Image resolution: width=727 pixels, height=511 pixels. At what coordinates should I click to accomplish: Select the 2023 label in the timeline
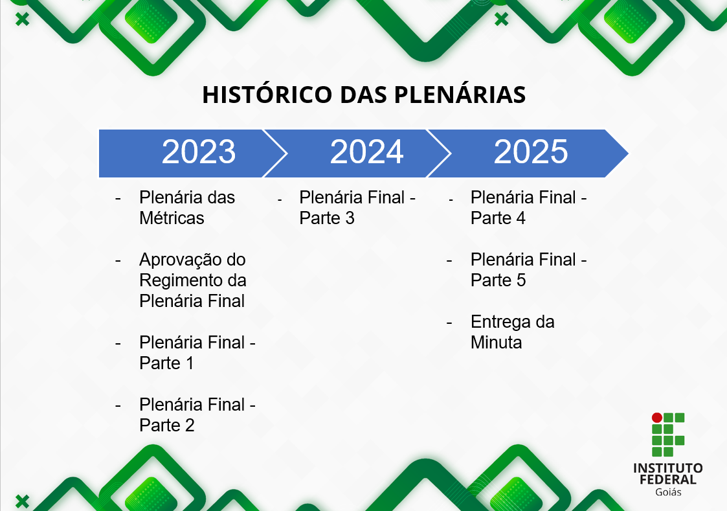pos(199,152)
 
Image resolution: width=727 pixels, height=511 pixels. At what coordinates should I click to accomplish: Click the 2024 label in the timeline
pos(366,152)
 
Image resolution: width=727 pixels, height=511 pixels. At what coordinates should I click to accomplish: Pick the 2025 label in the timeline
pos(531,152)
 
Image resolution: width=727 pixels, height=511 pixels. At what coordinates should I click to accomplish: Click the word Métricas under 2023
pos(172,218)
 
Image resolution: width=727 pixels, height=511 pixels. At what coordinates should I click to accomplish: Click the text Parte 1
pos(166,363)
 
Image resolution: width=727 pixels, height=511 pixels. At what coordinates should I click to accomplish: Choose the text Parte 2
pos(167,426)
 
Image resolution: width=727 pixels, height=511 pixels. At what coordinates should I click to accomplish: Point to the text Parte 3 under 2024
pos(327,218)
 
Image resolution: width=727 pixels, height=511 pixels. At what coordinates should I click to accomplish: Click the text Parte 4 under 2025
pos(498,218)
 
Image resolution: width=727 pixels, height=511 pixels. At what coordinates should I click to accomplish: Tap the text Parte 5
pos(498,280)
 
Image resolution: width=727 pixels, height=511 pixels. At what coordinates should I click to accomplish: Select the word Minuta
pos(496,343)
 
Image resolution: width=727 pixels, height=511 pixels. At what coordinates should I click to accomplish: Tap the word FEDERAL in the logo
pos(667,480)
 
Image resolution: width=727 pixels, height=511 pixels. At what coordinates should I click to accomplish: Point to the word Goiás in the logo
pos(668,492)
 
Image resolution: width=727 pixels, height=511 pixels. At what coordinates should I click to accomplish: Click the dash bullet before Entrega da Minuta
pos(449,322)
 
